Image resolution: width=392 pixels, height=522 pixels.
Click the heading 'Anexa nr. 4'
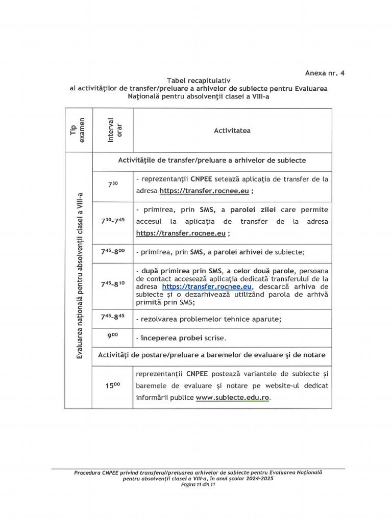click(325, 73)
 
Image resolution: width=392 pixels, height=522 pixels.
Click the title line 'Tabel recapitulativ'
click(199, 81)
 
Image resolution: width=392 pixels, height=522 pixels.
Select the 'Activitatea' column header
click(232, 130)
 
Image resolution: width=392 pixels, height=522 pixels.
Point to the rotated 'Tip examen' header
click(78, 130)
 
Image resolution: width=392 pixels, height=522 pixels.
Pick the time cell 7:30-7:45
click(113, 221)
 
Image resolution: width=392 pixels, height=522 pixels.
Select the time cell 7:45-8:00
click(113, 251)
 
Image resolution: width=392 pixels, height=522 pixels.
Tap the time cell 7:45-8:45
click(113, 318)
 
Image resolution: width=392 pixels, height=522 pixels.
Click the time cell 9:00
click(113, 337)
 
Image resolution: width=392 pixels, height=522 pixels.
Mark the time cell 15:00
click(113, 386)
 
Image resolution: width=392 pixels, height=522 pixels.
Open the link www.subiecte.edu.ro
click(232, 398)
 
